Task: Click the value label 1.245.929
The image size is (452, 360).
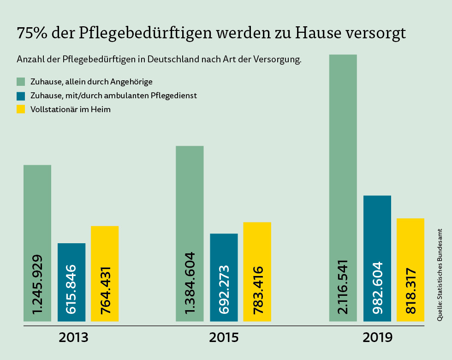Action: [x=37, y=284]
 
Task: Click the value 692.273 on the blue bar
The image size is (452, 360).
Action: [x=224, y=289]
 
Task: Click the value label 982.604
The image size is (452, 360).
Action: [x=377, y=288]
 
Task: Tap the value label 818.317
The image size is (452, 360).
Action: [x=410, y=291]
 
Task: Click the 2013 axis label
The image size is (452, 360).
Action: [x=73, y=337]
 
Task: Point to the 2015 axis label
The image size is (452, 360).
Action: [x=224, y=337]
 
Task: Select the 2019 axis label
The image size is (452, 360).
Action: [x=377, y=337]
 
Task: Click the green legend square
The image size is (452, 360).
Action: [x=21, y=82]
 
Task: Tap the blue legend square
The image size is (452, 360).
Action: [x=21, y=96]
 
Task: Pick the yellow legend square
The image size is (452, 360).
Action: [x=21, y=109]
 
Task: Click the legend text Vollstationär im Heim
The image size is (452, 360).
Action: [x=70, y=109]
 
